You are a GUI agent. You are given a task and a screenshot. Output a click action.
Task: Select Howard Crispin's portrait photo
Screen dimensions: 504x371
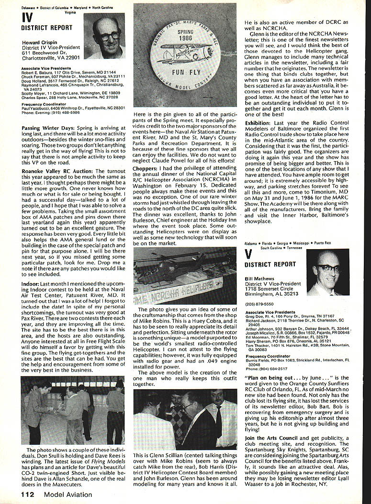click(105, 36)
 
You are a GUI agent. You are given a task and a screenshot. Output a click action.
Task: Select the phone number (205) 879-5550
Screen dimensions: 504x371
click(256, 303)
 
